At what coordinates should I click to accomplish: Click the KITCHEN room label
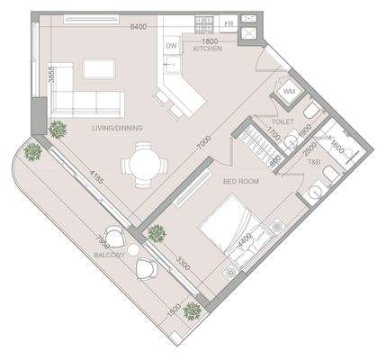tap(208, 49)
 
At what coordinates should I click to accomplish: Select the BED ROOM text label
tap(241, 182)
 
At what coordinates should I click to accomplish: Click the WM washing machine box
tap(290, 91)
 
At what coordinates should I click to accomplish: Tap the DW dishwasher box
tap(171, 46)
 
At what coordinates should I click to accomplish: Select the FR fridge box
tap(229, 23)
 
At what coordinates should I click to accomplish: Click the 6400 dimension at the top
tap(139, 27)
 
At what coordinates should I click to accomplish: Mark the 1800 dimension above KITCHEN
tap(207, 40)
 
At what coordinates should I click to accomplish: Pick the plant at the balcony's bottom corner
tap(191, 312)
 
